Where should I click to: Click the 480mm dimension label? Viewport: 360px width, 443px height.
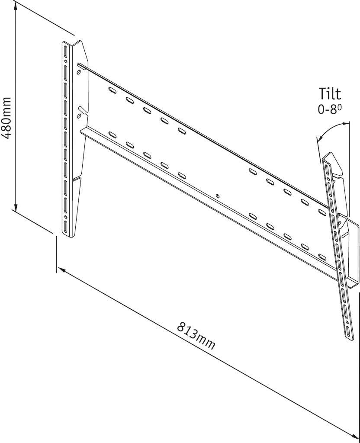pyautogui.click(x=8, y=116)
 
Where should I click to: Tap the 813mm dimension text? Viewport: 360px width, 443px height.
pyautogui.click(x=196, y=335)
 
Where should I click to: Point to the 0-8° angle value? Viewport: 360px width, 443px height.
pyautogui.click(x=330, y=109)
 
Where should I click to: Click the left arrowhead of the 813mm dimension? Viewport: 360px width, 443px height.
pyautogui.click(x=61, y=270)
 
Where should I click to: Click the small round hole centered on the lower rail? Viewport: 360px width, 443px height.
pyautogui.click(x=217, y=196)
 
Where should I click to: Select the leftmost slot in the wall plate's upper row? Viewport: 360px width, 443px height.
pyautogui.click(x=112, y=91)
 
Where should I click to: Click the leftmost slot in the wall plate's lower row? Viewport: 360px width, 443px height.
pyautogui.click(x=112, y=135)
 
